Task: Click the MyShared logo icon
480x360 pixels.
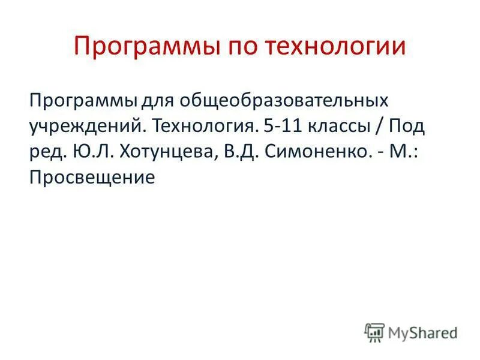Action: tap(374, 332)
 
